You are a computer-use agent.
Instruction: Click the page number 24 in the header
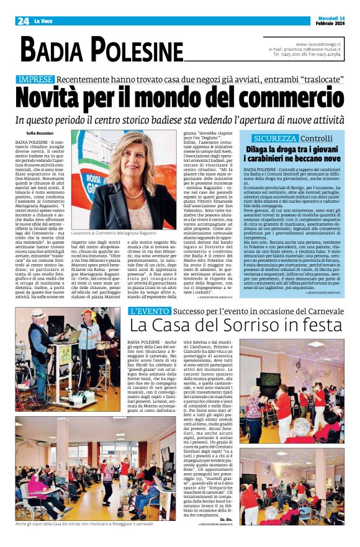23,20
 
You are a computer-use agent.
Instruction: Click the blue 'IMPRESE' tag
35,79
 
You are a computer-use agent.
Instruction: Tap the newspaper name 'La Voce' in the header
44,21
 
